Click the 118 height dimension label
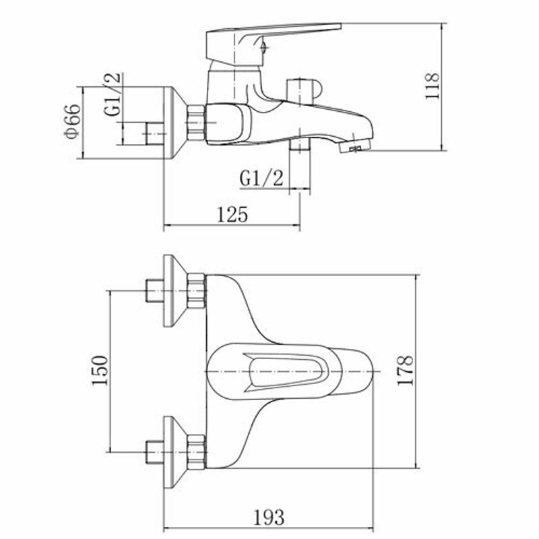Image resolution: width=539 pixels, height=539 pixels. (433, 86)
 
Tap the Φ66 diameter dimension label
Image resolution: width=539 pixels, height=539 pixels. (73, 121)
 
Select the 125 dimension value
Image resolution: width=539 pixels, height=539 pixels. (232, 214)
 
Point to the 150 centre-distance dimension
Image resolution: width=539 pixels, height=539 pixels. (100, 371)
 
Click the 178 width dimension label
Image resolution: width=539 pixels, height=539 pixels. (405, 371)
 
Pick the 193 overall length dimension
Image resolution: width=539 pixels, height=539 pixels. (269, 517)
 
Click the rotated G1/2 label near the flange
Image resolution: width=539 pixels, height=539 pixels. (113, 94)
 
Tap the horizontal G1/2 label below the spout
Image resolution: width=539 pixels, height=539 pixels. (261, 179)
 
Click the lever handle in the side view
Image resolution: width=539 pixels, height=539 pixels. (274, 44)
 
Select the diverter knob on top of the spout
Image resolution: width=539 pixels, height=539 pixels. (304, 92)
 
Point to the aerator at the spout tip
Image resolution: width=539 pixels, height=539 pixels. (356, 146)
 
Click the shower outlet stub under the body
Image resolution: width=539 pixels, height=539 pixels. (299, 144)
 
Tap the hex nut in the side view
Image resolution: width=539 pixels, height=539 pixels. (196, 123)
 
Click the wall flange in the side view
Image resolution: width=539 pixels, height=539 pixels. (175, 123)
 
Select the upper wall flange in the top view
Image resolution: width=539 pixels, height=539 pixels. (175, 291)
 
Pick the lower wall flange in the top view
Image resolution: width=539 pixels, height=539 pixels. (175, 452)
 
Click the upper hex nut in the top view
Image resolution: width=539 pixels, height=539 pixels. (197, 291)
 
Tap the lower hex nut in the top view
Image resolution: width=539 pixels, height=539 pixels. (197, 452)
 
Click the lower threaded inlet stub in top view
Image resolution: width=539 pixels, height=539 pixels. (155, 452)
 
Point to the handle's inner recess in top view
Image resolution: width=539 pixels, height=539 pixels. (286, 372)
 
